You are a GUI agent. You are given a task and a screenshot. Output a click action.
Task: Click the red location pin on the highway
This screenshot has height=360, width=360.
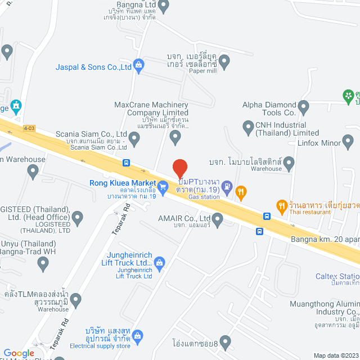point(179,168)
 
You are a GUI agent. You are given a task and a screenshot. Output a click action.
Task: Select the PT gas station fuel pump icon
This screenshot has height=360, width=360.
point(227,188)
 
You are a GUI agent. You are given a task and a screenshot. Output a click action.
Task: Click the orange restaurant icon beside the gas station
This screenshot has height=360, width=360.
point(241,193)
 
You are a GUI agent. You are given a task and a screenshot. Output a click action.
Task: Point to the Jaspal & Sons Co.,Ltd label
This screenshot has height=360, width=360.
point(93,67)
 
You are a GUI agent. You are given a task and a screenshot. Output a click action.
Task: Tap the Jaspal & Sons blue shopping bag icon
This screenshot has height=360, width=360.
point(139,67)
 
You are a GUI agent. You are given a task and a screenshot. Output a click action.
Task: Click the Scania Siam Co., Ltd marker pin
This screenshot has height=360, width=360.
point(134,137)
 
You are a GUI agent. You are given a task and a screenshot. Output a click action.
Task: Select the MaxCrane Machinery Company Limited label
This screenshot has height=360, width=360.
point(151,109)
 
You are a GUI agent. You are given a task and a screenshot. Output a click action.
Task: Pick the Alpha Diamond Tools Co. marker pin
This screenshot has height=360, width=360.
point(304,106)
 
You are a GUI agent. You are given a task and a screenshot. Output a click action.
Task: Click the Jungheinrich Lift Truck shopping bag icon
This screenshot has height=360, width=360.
point(159,262)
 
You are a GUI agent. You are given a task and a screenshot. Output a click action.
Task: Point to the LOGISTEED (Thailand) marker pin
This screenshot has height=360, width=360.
point(78,217)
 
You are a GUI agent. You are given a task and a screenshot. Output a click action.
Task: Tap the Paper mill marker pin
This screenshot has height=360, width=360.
point(224,62)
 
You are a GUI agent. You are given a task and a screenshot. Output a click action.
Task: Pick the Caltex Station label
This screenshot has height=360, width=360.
point(337,277)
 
